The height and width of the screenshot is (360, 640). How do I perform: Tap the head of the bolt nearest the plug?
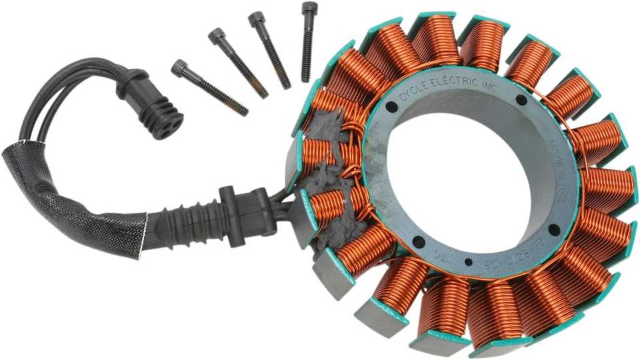click(x=179, y=67)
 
